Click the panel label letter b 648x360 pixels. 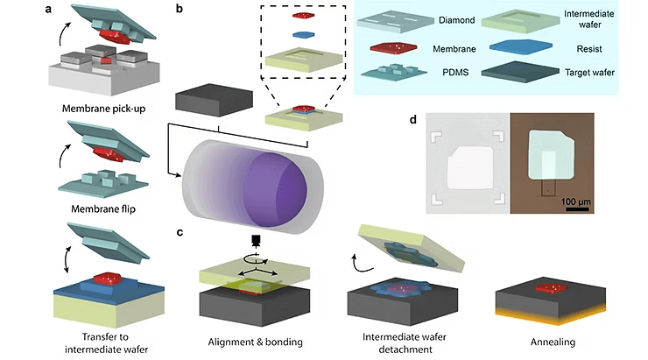pyautogui.click(x=180, y=10)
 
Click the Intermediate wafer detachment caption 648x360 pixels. pyautogui.click(x=397, y=341)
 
